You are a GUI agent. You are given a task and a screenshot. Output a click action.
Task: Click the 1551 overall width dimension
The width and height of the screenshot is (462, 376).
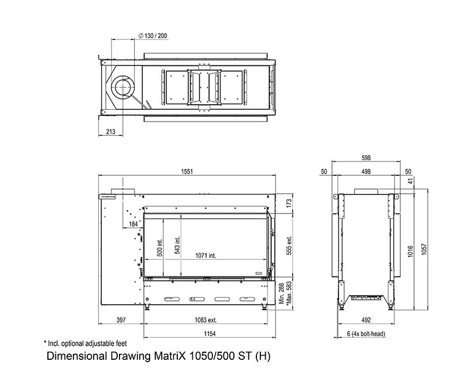coord(187,171)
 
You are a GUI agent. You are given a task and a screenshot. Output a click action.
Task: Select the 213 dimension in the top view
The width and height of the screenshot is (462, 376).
coord(110,132)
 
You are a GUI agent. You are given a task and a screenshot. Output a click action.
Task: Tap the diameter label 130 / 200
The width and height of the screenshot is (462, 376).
coord(152,36)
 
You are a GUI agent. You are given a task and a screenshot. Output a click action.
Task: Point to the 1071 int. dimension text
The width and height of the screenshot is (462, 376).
coord(206,256)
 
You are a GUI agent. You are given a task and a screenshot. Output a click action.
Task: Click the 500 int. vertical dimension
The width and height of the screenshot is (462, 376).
coord(160,248)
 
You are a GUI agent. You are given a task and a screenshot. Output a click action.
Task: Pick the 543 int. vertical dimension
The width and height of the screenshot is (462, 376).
coord(177,245)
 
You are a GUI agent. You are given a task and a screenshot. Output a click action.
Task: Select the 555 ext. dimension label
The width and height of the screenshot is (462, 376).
coord(289,245)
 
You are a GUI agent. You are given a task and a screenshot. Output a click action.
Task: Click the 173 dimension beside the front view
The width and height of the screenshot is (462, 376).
coord(289,203)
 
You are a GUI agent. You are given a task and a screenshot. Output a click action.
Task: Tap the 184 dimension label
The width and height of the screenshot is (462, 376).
coord(133,224)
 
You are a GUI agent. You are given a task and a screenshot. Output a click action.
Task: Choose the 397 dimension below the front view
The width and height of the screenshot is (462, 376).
coord(121,320)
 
